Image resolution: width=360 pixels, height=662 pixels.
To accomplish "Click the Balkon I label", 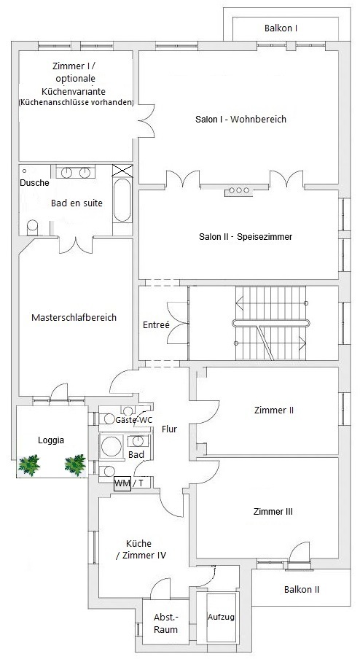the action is (x=281, y=28).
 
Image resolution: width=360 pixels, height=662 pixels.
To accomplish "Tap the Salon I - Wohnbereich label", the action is (x=240, y=119).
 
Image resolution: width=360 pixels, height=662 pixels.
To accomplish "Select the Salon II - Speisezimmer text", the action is (x=246, y=236).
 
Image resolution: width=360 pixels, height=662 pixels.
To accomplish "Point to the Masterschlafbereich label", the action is (x=74, y=317).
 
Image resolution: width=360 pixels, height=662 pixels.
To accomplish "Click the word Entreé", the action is (x=156, y=325).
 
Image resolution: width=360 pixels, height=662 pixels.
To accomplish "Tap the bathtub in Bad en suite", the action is (x=122, y=200).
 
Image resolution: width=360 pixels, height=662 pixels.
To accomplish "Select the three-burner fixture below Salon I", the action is (x=239, y=191).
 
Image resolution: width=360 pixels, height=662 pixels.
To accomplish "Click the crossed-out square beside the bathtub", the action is (x=122, y=171).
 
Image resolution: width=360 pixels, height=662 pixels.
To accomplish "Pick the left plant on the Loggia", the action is (x=29, y=465).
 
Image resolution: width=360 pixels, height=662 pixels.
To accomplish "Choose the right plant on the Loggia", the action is (x=75, y=464).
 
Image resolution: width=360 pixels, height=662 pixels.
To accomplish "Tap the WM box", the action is (x=122, y=483).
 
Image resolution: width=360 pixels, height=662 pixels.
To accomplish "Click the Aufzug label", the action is (x=221, y=617).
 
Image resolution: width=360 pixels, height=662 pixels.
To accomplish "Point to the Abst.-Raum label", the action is (x=165, y=623).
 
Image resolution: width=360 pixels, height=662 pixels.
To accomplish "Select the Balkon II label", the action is (x=302, y=589).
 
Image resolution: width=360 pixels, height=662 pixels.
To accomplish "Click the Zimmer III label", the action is (x=273, y=512).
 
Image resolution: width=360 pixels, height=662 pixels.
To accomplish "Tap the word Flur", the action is (x=169, y=429).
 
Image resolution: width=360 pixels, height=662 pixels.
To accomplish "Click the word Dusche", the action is (x=34, y=183).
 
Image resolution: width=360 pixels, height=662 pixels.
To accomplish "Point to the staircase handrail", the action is (x=271, y=324).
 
